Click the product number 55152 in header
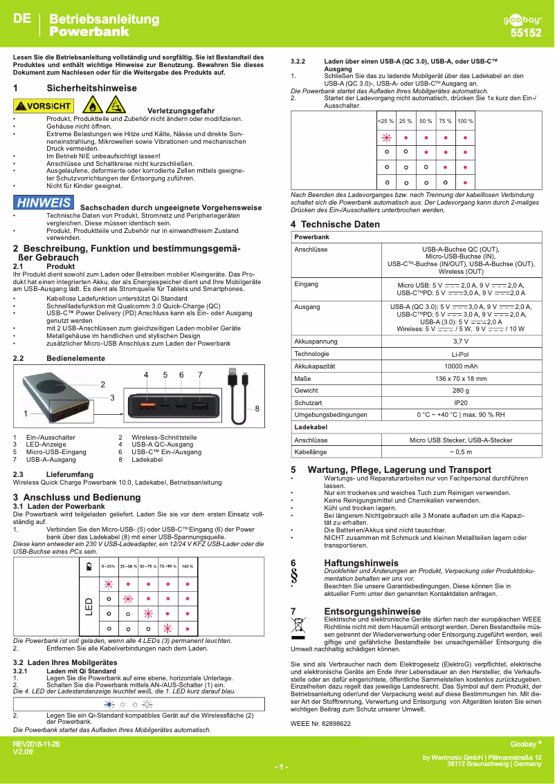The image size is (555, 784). point(526,32)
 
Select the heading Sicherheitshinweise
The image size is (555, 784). point(91,88)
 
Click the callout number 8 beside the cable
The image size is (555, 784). point(257,409)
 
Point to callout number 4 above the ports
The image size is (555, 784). point(146,374)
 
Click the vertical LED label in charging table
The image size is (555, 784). point(89,606)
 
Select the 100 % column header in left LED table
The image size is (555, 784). point(187,566)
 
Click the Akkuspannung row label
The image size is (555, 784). point(316,342)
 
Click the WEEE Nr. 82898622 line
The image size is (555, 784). point(320,723)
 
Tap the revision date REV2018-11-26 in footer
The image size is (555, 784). point(37,744)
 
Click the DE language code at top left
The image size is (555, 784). point(21,20)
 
